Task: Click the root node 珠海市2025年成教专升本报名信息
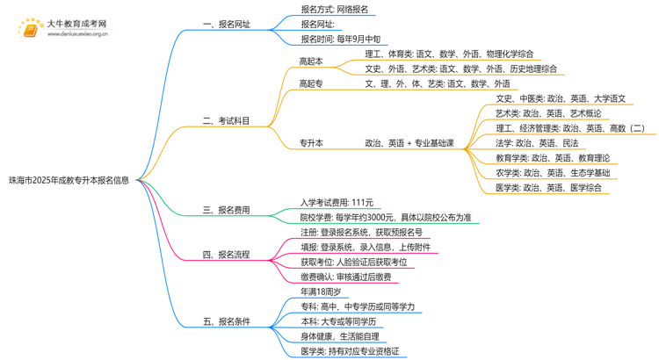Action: point(69,180)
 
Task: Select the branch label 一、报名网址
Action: point(226,25)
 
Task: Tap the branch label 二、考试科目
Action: point(226,121)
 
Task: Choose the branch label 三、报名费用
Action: point(226,210)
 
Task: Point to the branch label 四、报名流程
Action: point(226,255)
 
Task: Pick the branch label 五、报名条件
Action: point(226,321)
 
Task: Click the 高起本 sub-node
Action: point(311,61)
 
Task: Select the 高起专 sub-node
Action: point(311,83)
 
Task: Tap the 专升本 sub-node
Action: point(311,142)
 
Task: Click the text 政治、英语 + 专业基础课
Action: point(409,142)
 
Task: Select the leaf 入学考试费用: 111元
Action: point(337,202)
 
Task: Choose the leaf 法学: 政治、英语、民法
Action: point(537,143)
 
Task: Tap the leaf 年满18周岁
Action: point(321,292)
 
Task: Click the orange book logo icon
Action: point(28,29)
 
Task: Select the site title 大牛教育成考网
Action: point(76,24)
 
